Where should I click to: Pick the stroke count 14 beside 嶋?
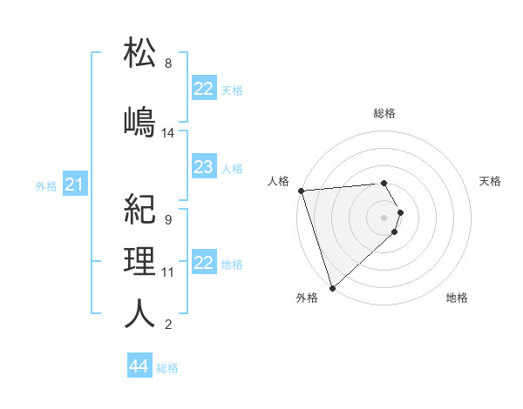pyautogui.click(x=168, y=133)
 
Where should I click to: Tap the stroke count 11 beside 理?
pyautogui.click(x=168, y=272)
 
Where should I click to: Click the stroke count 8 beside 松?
pyautogui.click(x=168, y=64)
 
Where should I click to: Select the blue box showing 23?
pyautogui.click(x=203, y=167)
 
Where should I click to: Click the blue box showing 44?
pyautogui.click(x=139, y=366)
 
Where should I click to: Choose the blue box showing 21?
pyautogui.click(x=74, y=184)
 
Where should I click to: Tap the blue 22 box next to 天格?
pyautogui.click(x=203, y=89)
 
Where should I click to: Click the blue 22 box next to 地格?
pyautogui.click(x=203, y=263)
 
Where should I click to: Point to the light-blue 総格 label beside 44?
pyautogui.click(x=167, y=368)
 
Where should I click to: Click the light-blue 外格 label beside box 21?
pyautogui.click(x=46, y=186)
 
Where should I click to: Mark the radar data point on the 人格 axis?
pyautogui.click(x=301, y=191)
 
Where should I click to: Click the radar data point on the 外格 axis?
pyautogui.click(x=331, y=286)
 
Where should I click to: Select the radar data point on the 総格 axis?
pyautogui.click(x=384, y=183)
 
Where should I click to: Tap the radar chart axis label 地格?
pyautogui.click(x=457, y=298)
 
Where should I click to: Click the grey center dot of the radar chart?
pyautogui.click(x=384, y=216)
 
